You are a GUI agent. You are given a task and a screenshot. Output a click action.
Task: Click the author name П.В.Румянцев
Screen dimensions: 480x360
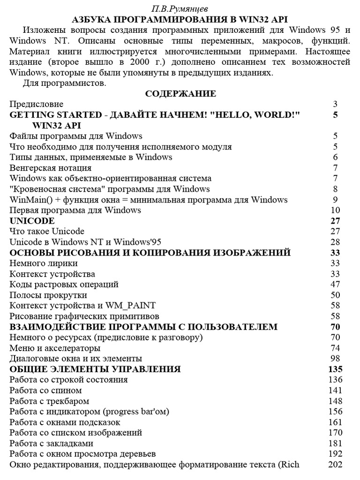pos(180,9)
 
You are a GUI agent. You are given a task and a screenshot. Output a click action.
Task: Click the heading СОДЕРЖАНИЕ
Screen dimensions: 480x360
pos(180,94)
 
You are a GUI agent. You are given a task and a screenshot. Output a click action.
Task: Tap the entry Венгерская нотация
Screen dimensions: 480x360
pos(51,168)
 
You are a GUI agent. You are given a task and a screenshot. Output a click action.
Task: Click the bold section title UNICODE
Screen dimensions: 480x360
pos(32,221)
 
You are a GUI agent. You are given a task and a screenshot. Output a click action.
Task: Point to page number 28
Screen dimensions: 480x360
pos(334,242)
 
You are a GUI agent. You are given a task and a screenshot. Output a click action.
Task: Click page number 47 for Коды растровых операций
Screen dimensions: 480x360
pos(334,285)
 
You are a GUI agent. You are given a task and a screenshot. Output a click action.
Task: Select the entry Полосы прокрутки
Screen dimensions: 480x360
pos(48,295)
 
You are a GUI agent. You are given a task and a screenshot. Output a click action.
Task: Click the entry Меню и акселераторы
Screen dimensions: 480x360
pos(55,348)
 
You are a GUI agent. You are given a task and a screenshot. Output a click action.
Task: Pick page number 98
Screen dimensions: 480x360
pos(334,359)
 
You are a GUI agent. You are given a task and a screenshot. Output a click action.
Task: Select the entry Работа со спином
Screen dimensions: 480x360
pos(46,390)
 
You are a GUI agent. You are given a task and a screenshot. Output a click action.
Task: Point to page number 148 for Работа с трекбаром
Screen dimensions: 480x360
pos(333,401)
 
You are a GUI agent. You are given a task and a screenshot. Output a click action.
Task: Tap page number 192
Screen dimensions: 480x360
pos(333,454)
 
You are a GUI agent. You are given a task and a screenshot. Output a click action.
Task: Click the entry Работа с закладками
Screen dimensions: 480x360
pos(52,443)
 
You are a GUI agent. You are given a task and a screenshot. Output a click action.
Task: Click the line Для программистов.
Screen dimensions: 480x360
pos(65,83)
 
